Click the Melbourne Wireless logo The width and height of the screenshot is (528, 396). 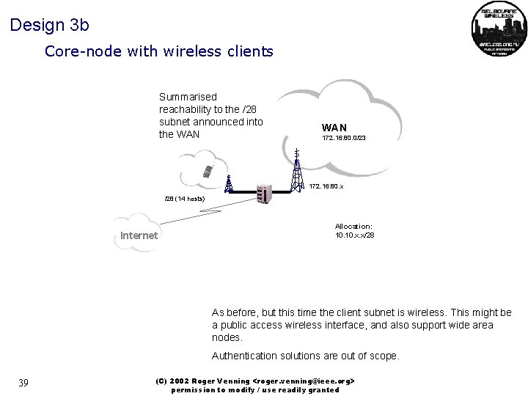(x=499, y=30)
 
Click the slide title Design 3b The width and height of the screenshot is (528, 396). (x=50, y=25)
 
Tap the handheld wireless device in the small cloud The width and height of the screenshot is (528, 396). (x=208, y=171)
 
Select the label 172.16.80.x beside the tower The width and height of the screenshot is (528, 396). (x=326, y=186)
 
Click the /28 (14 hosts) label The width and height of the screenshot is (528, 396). (x=184, y=199)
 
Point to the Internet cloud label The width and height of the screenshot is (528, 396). (x=138, y=235)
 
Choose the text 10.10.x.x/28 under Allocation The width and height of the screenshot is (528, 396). (x=354, y=235)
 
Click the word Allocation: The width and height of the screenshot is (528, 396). (x=353, y=227)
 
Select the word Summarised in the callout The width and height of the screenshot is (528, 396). (x=188, y=97)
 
